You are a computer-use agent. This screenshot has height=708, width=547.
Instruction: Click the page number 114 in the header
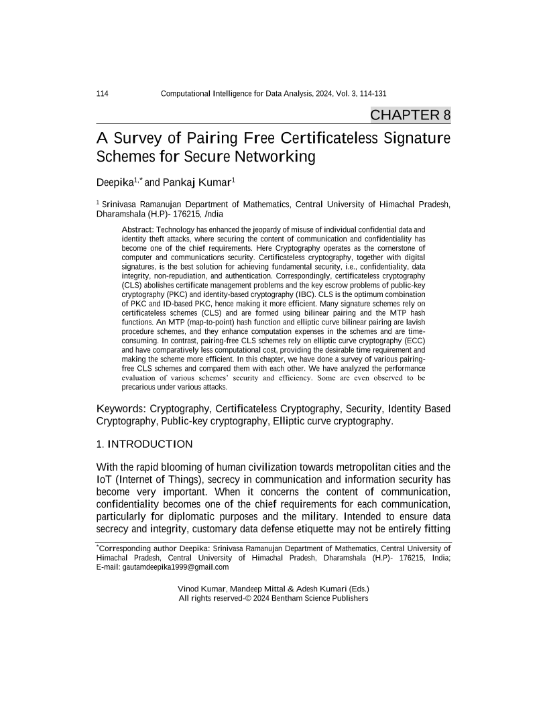[x=104, y=94]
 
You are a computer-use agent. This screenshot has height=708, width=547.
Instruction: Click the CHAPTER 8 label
[x=410, y=115]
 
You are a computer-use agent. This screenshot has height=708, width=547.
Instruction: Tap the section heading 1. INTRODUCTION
[x=145, y=444]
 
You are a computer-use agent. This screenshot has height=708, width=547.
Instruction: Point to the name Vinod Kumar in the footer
[x=200, y=589]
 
